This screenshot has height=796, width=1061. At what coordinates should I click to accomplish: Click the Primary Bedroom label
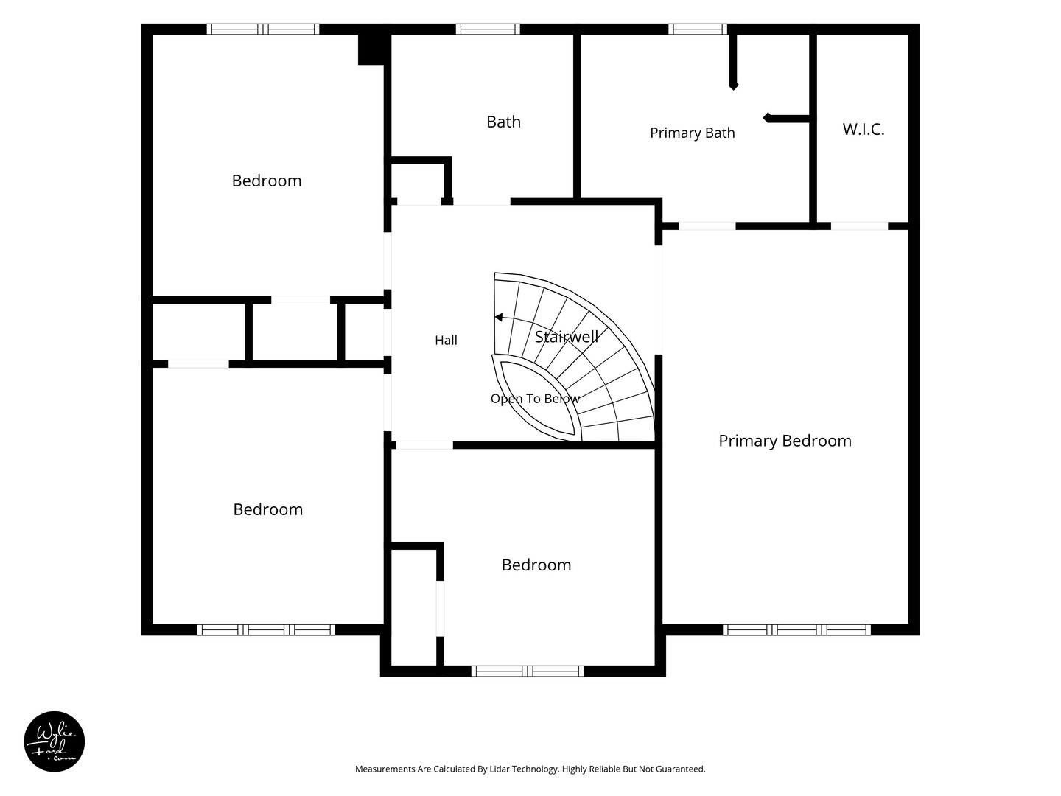pyautogui.click(x=785, y=441)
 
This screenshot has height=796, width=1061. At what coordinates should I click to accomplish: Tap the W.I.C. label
pyautogui.click(x=864, y=129)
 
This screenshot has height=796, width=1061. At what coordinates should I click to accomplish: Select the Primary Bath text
pyautogui.click(x=692, y=133)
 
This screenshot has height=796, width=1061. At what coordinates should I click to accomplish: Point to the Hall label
pyautogui.click(x=446, y=341)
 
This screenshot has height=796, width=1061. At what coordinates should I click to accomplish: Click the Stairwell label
pyautogui.click(x=567, y=336)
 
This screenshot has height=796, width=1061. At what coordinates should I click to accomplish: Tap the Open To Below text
pyautogui.click(x=535, y=399)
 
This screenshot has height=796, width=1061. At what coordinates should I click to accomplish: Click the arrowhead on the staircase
pyautogui.click(x=499, y=318)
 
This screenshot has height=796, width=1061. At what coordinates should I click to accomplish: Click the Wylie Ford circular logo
pyautogui.click(x=54, y=741)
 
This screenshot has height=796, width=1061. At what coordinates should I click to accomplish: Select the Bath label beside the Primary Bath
pyautogui.click(x=504, y=122)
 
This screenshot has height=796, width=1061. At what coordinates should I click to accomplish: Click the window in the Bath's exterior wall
pyautogui.click(x=488, y=29)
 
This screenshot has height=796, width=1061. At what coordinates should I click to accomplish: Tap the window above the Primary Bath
pyautogui.click(x=698, y=29)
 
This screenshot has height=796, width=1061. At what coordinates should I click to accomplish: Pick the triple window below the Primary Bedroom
pyautogui.click(x=796, y=629)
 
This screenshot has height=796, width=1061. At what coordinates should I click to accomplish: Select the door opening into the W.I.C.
pyautogui.click(x=859, y=226)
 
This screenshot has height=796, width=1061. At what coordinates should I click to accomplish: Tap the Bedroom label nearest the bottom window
pyautogui.click(x=536, y=565)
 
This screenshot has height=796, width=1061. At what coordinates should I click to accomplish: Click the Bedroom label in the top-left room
pyautogui.click(x=266, y=181)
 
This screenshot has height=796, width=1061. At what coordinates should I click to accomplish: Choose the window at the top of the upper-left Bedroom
pyautogui.click(x=263, y=29)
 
